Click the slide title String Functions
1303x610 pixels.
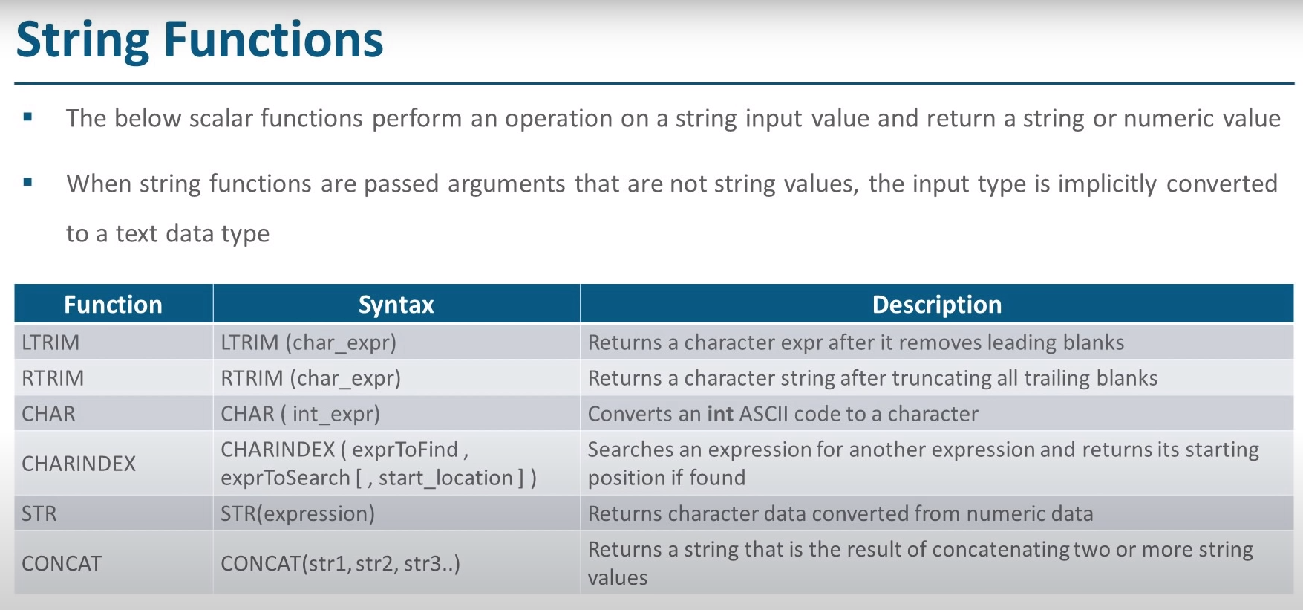200,40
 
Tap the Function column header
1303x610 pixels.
113,305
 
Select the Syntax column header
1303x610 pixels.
396,305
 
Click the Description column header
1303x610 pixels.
937,305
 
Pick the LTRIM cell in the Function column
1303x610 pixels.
50,343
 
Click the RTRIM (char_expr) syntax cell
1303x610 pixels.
310,378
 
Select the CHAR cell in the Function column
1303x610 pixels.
48,414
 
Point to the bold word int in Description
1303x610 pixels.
720,414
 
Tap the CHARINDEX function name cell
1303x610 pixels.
79,464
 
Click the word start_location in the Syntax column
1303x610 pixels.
446,478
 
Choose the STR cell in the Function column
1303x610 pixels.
39,513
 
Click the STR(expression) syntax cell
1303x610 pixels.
298,513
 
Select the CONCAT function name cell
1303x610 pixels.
62,563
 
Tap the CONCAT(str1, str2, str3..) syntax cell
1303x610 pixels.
340,563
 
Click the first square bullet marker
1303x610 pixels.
28,117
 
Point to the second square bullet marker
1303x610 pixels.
28,182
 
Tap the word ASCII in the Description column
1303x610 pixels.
764,414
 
